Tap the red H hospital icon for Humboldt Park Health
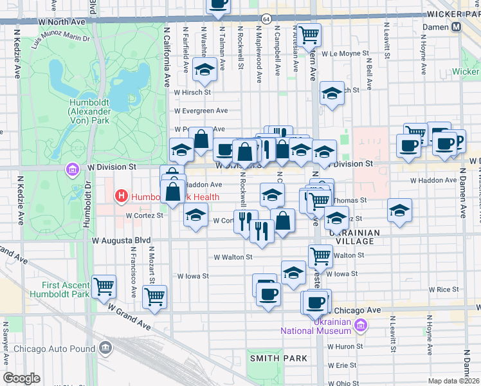(120, 195)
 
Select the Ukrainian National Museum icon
(361, 326)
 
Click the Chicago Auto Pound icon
(105, 349)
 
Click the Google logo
(22, 378)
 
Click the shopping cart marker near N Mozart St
(155, 297)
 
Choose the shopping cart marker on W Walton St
(320, 255)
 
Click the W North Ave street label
(62, 21)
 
